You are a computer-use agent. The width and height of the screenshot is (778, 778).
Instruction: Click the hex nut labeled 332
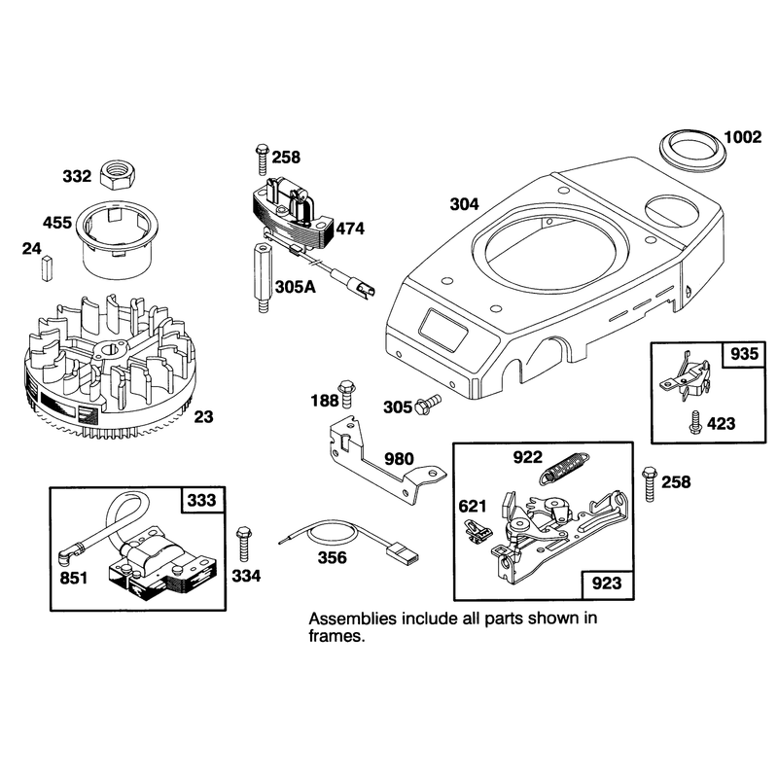coord(119,176)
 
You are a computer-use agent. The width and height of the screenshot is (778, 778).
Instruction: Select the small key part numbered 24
coord(47,268)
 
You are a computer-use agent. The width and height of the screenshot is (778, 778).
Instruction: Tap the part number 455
coord(57,223)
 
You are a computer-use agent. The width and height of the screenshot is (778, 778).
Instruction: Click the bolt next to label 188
coord(346,394)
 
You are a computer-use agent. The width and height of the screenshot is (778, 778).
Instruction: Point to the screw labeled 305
coord(428,404)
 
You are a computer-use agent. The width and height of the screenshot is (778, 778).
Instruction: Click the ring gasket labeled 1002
coord(692,148)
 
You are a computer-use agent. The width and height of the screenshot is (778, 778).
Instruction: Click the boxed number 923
coord(607,583)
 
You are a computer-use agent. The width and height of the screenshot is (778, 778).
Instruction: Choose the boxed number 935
coord(744,354)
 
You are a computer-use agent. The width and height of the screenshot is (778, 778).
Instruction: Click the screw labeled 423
coord(695,423)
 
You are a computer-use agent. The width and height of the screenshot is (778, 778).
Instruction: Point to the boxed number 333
coord(202,500)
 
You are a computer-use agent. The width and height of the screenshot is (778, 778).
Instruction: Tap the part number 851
coord(74,578)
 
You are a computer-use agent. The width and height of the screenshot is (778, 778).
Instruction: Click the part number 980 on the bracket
coord(399,458)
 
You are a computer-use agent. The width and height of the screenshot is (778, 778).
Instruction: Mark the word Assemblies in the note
coord(353,619)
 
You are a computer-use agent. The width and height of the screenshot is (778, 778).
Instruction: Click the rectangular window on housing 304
coord(444,331)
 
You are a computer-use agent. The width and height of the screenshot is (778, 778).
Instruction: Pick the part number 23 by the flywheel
coord(203,417)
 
